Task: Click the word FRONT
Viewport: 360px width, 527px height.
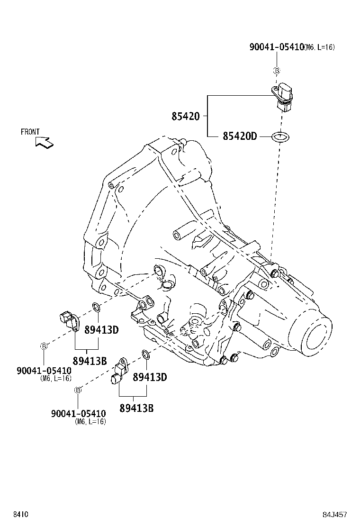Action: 30,132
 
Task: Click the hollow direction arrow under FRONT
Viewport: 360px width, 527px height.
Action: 45,142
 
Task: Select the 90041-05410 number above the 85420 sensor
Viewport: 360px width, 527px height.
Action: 277,47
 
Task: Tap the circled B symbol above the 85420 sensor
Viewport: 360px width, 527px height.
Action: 277,71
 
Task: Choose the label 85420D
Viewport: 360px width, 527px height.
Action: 239,136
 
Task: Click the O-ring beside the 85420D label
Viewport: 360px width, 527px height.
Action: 279,137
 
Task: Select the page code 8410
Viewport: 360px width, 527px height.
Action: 20,514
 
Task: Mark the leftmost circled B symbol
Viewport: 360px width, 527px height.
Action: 44,346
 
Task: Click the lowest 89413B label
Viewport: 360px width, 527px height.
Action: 136,408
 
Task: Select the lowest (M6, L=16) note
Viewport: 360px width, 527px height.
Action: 90,421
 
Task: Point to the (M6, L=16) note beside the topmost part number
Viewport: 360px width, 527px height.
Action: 319,47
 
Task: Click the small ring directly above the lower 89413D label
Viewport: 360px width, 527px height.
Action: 146,354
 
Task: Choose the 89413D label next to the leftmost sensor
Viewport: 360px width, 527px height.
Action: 101,330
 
